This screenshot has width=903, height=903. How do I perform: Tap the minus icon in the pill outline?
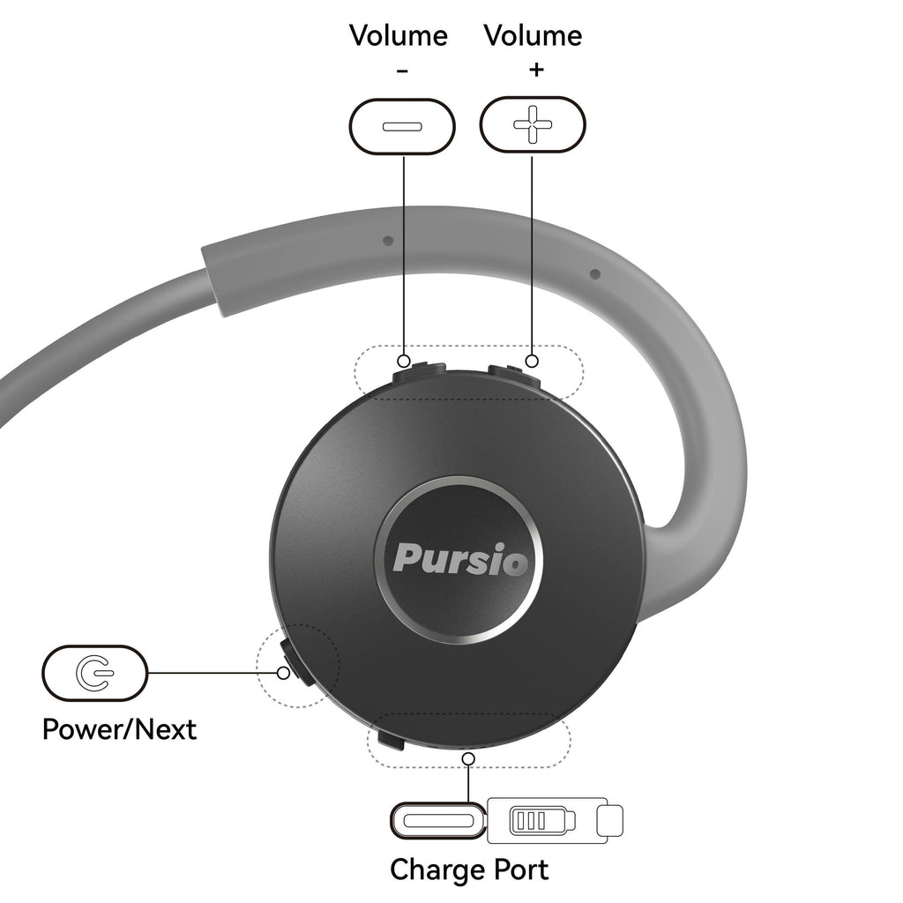click(402, 126)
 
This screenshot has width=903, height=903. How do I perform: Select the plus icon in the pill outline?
click(533, 124)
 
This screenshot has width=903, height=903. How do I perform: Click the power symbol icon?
click(94, 672)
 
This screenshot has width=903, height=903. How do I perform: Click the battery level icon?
click(542, 821)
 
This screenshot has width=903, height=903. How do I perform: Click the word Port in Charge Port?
click(519, 869)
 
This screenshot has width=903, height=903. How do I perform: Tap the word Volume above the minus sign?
click(399, 35)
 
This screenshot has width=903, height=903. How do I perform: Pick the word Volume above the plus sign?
click(533, 35)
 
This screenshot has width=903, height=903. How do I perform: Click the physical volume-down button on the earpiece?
click(419, 372)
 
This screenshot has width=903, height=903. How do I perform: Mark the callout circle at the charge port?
click(469, 758)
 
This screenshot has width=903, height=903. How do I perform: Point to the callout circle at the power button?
click(283, 672)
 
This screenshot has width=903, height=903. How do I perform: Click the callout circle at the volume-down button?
click(404, 361)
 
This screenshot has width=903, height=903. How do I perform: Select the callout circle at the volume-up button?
click(532, 361)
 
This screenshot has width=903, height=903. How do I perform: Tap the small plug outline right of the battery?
click(610, 821)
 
